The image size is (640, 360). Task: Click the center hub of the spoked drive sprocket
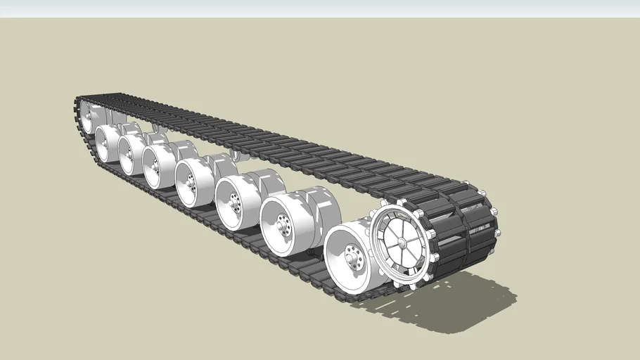click(x=402, y=242)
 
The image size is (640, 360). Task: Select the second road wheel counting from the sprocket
click(x=283, y=224)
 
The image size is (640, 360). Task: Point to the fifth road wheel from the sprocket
click(x=155, y=165)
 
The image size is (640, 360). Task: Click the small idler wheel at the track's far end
click(x=87, y=116)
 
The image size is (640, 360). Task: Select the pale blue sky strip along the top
click(x=320, y=8)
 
